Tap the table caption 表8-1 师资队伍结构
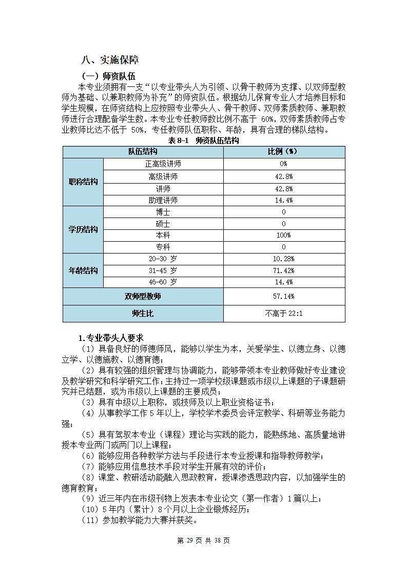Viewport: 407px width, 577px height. coord(204,140)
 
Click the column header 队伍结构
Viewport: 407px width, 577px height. coord(143,151)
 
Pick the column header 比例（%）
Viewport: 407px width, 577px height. coord(284,151)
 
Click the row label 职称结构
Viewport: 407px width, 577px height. coord(83,182)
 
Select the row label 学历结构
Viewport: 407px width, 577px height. coord(83,229)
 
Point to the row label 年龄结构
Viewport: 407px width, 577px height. coord(83,271)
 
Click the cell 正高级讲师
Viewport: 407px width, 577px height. coord(163,164)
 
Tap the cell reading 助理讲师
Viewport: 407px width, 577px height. coord(163,200)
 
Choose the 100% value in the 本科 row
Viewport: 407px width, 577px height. coord(284,235)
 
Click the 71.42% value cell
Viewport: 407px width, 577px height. coord(284,271)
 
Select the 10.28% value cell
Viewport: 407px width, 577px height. coord(284,259)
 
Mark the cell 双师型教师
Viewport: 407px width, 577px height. coord(143,296)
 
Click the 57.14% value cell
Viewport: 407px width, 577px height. coord(284,296)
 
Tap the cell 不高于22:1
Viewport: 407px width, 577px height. coord(284,313)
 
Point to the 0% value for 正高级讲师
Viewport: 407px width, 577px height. coord(284,164)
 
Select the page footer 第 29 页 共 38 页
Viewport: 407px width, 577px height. coord(203,540)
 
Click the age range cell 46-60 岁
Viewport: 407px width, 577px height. coord(163,282)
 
